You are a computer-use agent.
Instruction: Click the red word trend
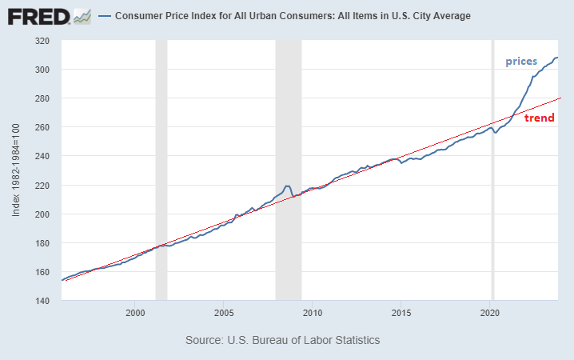(x=539, y=118)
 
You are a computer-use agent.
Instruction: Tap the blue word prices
(x=521, y=61)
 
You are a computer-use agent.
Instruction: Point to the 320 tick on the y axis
(x=42, y=41)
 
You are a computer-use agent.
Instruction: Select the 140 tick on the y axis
(x=42, y=301)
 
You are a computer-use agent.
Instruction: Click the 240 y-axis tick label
(x=42, y=156)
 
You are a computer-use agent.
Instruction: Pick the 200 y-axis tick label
(x=42, y=214)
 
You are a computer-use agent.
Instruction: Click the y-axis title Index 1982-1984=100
(x=17, y=170)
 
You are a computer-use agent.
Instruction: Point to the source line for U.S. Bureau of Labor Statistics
(x=282, y=340)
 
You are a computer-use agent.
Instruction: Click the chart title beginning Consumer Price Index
(x=293, y=16)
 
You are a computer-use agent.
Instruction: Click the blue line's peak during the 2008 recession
(x=287, y=186)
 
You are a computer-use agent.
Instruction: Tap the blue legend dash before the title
(x=104, y=16)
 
